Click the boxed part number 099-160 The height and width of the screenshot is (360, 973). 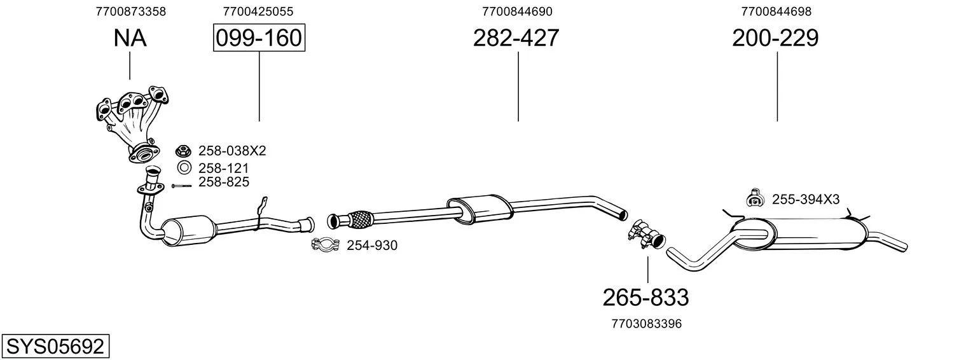(259, 38)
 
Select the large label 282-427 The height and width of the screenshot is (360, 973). (516, 38)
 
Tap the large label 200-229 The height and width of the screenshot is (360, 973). (775, 38)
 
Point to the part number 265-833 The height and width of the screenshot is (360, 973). (645, 298)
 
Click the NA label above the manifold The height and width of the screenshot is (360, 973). (130, 38)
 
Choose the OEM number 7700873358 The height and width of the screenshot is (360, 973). (131, 11)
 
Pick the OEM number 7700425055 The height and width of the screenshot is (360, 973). (258, 11)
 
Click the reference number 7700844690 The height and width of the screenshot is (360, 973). (517, 11)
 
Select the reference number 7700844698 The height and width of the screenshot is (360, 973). (776, 11)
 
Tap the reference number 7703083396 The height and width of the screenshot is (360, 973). (646, 324)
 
